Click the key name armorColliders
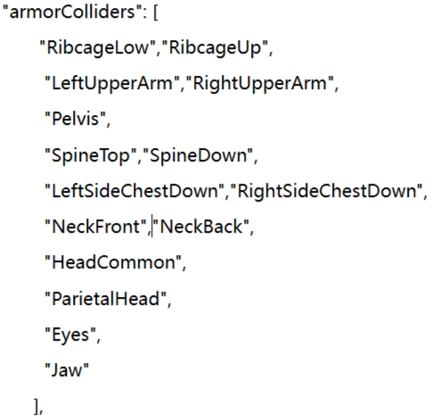(72, 12)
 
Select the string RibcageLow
(97, 47)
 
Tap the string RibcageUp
(215, 47)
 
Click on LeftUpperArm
(112, 83)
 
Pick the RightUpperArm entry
(260, 83)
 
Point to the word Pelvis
(75, 119)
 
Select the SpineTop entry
(91, 155)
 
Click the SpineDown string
(199, 155)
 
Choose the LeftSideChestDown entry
(134, 191)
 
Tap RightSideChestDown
(327, 191)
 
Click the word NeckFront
(96, 226)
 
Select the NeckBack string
(201, 226)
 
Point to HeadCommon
(114, 262)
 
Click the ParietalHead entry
(106, 299)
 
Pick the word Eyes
(70, 334)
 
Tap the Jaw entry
(67, 370)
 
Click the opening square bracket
(156, 12)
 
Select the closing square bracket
(37, 406)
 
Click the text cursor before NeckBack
(152, 226)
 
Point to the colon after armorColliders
(144, 14)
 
